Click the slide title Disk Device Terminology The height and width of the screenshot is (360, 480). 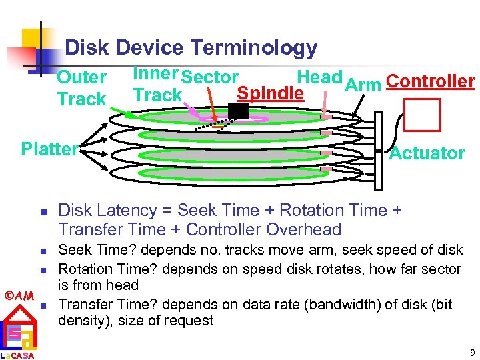(x=191, y=48)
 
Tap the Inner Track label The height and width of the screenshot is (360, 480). (x=157, y=85)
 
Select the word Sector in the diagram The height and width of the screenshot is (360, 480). (x=209, y=78)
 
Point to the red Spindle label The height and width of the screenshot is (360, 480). (x=271, y=93)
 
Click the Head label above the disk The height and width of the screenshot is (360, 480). (x=319, y=77)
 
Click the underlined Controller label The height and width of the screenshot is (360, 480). (x=430, y=81)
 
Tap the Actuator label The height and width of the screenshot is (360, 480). (x=427, y=153)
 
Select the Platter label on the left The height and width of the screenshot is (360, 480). (x=49, y=149)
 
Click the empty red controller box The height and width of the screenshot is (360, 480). (x=423, y=115)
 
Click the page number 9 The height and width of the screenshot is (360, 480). (x=472, y=353)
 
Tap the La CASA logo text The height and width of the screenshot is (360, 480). (x=17, y=355)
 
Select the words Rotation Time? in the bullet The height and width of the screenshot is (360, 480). (x=105, y=269)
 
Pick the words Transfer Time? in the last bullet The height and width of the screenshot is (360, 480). (x=105, y=305)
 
